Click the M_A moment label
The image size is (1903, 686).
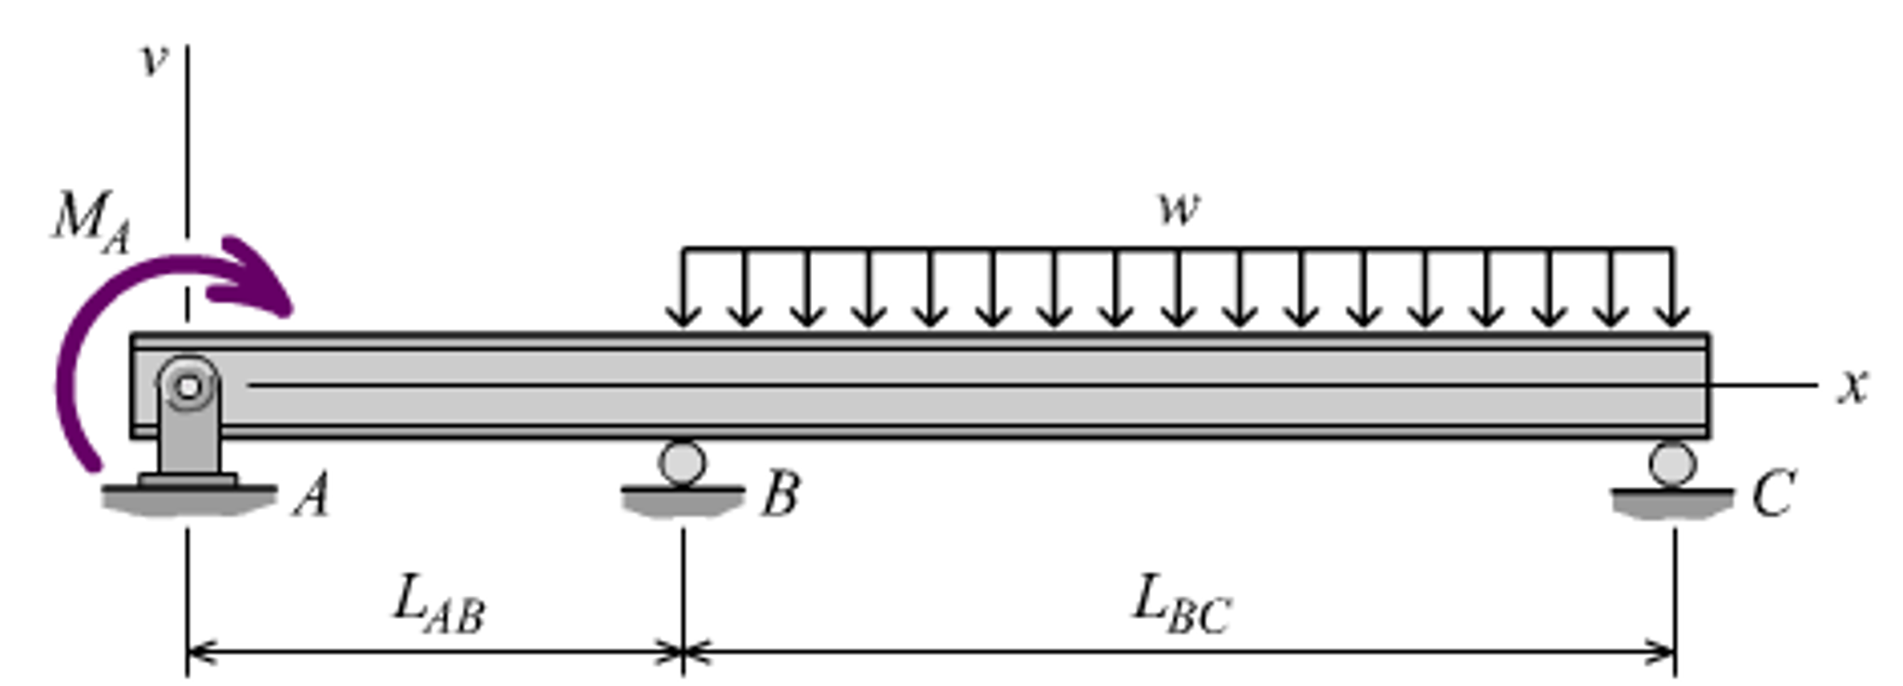pos(90,222)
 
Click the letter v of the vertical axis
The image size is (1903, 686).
pos(153,61)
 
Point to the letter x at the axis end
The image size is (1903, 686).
pos(1852,384)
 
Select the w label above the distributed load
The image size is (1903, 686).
pos(1178,208)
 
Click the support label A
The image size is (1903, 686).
pos(312,494)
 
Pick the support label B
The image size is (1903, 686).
pos(780,493)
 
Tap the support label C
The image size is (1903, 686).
pos(1772,493)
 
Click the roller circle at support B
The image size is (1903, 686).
pos(682,462)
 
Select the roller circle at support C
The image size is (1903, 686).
pos(1672,463)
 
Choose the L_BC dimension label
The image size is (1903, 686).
pos(1181,605)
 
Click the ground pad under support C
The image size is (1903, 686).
pos(1672,503)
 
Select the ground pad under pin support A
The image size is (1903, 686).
pos(189,500)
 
